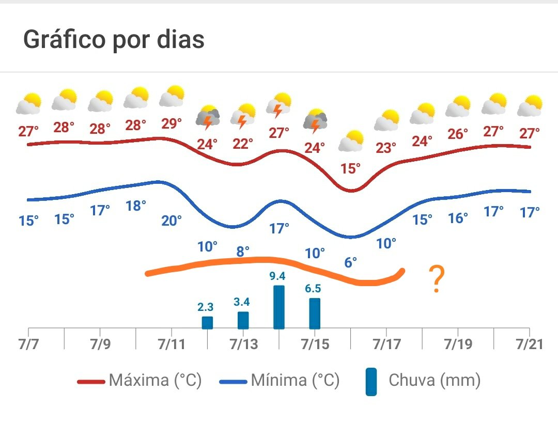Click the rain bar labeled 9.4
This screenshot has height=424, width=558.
(x=278, y=307)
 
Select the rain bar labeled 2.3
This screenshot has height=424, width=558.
(x=207, y=323)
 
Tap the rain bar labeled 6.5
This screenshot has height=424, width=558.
(x=315, y=313)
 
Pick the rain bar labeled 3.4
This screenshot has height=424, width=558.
(x=243, y=320)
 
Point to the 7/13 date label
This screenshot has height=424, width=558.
(x=243, y=344)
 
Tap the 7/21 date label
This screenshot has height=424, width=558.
(x=528, y=344)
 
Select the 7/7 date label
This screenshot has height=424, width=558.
(x=28, y=344)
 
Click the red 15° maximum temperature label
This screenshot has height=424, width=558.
(x=350, y=169)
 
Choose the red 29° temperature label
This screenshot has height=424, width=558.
(x=172, y=124)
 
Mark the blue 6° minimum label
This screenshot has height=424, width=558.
(x=350, y=262)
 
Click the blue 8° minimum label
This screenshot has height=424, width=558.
(x=243, y=252)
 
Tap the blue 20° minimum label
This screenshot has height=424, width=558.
(x=172, y=221)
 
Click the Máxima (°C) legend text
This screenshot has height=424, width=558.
(x=154, y=381)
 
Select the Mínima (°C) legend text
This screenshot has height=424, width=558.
(x=295, y=381)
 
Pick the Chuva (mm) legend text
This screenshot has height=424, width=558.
(x=435, y=381)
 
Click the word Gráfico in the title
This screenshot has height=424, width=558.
(x=64, y=40)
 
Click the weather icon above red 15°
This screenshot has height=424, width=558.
(x=351, y=141)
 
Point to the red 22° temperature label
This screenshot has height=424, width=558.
(x=243, y=143)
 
